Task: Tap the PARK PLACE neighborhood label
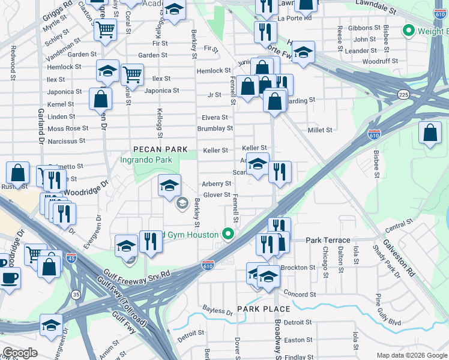264,309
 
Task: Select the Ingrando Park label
146,160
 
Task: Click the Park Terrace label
323,240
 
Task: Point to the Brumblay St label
215,128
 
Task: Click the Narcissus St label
67,141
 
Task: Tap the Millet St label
320,130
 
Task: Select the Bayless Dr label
217,312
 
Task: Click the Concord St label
300,295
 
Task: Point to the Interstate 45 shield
71,258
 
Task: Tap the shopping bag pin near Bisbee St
430,134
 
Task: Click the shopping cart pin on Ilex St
132,75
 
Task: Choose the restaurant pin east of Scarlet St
280,172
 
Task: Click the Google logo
20,353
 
